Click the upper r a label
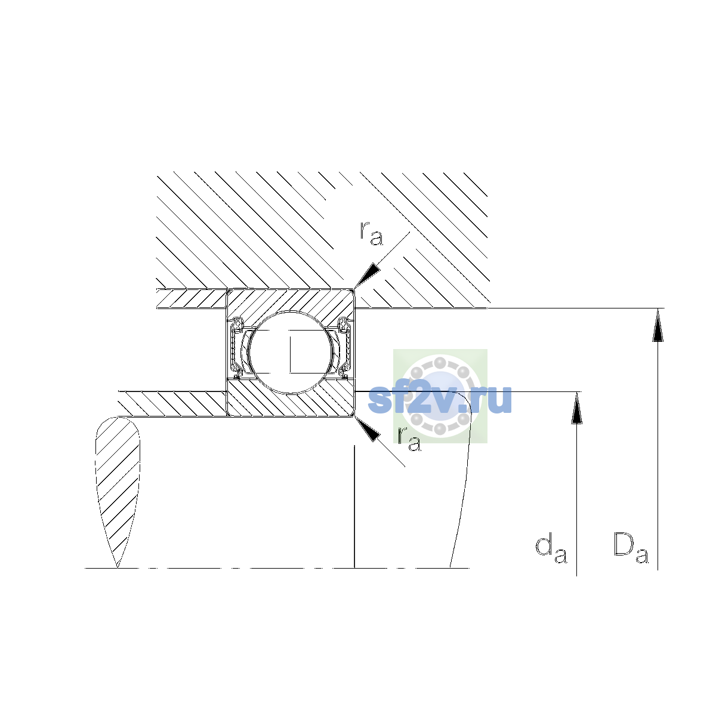(371, 233)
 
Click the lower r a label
(409, 439)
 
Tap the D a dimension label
(631, 553)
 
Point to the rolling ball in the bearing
(291, 352)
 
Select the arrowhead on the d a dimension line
(576, 408)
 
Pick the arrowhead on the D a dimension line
(658, 325)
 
